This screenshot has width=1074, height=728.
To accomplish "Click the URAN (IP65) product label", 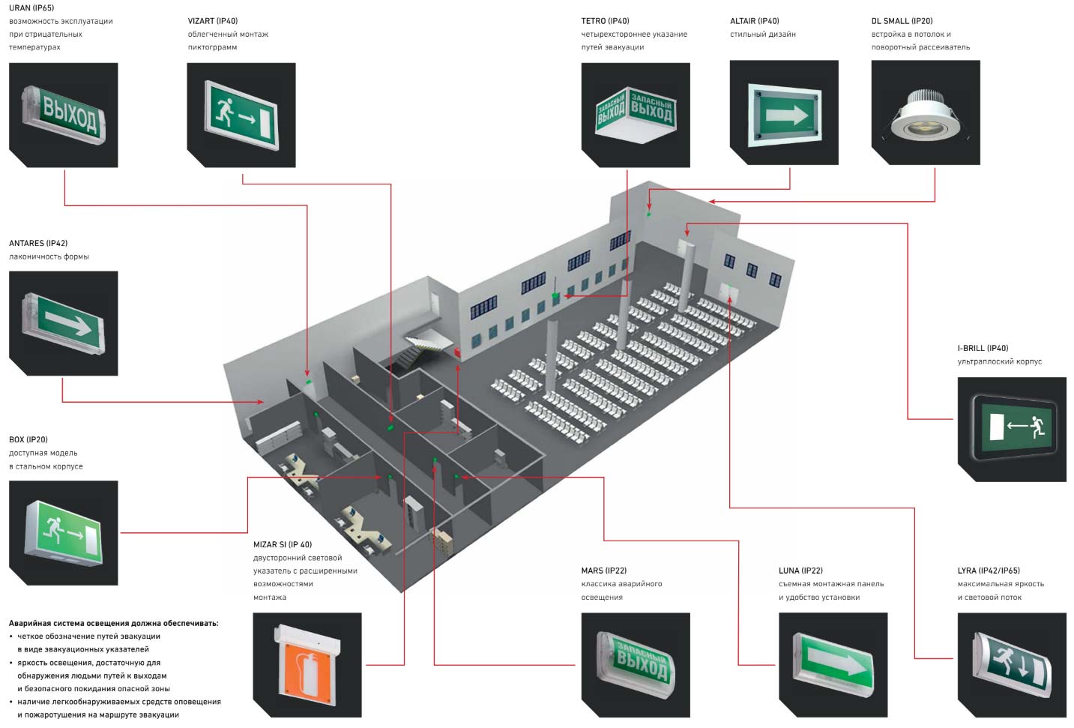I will [x=31, y=8].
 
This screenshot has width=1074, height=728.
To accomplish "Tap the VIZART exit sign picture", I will [x=241, y=115].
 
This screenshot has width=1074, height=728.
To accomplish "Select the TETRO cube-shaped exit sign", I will [x=635, y=115].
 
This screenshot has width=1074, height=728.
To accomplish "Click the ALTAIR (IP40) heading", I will [x=754, y=21].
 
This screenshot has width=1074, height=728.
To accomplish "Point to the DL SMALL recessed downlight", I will [x=926, y=115].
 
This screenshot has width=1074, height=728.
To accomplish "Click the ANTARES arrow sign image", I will [x=64, y=323].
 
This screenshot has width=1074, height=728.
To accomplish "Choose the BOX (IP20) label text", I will [x=28, y=439].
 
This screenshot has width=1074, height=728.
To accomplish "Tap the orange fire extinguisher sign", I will [x=307, y=665].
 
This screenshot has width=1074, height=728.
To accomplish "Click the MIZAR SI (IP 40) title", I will [x=283, y=544].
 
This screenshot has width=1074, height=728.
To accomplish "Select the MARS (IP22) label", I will [x=603, y=571].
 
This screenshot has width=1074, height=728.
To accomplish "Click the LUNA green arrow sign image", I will [x=833, y=665].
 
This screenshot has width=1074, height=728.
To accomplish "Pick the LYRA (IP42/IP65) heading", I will [x=989, y=571].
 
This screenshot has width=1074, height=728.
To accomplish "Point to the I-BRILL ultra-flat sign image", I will [x=1012, y=429].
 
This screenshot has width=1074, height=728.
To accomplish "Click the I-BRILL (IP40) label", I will [x=983, y=348].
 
